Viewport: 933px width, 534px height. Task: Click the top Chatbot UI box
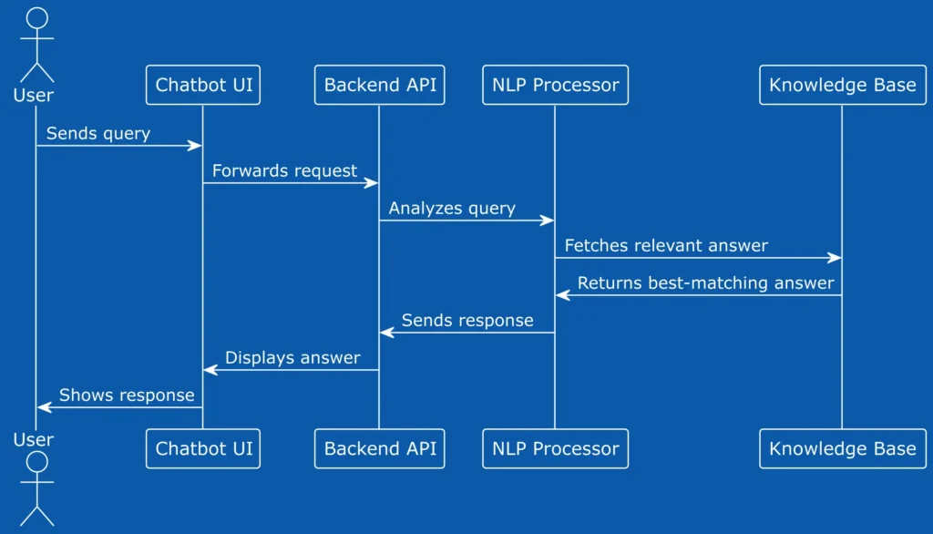coord(203,85)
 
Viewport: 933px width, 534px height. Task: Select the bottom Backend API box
coord(380,449)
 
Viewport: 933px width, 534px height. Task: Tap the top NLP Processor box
coord(555,85)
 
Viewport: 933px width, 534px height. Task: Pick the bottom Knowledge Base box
coord(843,449)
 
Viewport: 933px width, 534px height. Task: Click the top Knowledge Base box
coord(843,85)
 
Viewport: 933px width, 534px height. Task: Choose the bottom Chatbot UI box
coord(203,449)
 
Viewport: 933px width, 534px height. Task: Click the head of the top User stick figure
coord(36,18)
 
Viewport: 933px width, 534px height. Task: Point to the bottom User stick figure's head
coord(36,462)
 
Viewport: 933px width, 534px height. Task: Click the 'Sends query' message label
coord(98,134)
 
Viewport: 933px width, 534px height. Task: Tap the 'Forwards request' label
coord(284,171)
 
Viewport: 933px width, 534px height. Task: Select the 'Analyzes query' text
coord(452,209)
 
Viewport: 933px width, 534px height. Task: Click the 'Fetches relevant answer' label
coord(666,246)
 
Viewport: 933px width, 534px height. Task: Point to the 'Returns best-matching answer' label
coord(706,283)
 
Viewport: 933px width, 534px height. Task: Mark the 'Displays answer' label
coord(292,358)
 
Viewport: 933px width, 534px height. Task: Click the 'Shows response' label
coord(127,395)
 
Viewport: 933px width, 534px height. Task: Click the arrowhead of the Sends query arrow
coord(195,146)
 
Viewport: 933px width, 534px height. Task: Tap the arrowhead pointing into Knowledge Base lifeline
coord(835,258)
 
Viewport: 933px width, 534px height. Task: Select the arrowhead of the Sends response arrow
coord(386,333)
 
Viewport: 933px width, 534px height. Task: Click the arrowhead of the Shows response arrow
coord(45,407)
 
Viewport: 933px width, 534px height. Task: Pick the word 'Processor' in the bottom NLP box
coord(576,449)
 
